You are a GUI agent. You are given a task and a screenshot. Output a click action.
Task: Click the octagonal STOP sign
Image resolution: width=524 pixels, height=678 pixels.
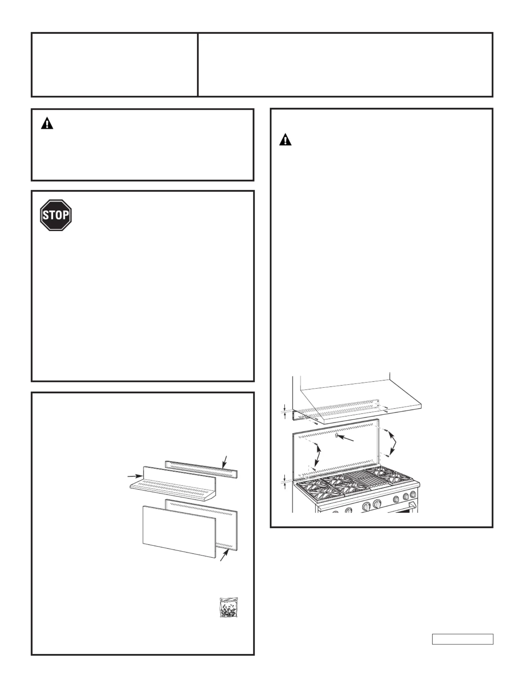[x=56, y=215]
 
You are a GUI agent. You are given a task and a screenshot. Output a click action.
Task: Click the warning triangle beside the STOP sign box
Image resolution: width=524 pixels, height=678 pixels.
[x=47, y=124]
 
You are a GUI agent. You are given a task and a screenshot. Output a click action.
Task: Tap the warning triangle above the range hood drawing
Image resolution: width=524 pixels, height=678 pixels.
[x=285, y=140]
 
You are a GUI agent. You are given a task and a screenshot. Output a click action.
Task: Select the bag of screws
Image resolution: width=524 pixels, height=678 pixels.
[x=229, y=607]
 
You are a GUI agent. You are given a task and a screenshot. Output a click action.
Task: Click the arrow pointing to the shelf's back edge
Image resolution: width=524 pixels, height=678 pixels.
[x=135, y=476]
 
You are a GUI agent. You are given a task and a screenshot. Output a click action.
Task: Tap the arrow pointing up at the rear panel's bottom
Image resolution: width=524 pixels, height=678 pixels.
[x=224, y=555]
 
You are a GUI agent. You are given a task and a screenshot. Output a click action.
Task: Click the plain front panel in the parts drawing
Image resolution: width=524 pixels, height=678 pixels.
[x=179, y=532]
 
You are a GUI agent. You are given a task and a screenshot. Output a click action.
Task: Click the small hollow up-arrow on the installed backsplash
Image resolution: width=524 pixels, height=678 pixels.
[x=336, y=435]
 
